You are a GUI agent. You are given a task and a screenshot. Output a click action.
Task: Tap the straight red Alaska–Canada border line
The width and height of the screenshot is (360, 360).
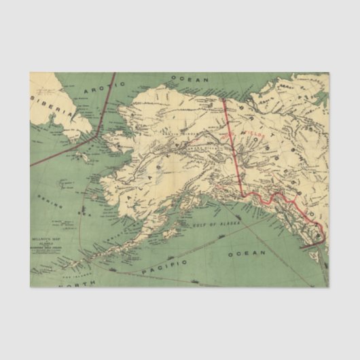[232, 146]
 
